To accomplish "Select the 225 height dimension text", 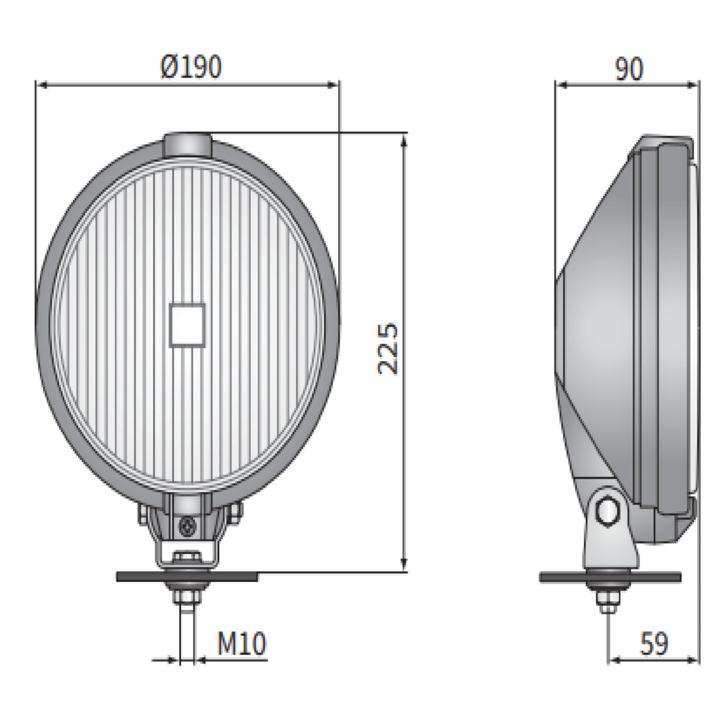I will [x=388, y=348].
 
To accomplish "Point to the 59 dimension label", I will [x=653, y=643].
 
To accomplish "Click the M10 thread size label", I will [x=241, y=643].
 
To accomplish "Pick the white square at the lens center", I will [x=187, y=325].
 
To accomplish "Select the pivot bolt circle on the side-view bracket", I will [x=607, y=511].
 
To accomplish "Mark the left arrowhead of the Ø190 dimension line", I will [x=43, y=85].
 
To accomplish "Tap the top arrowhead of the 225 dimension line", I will [x=404, y=140].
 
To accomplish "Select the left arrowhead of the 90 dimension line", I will [x=562, y=85].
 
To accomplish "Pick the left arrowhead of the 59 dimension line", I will [x=615, y=660].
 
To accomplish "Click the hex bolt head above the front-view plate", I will [x=187, y=558].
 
